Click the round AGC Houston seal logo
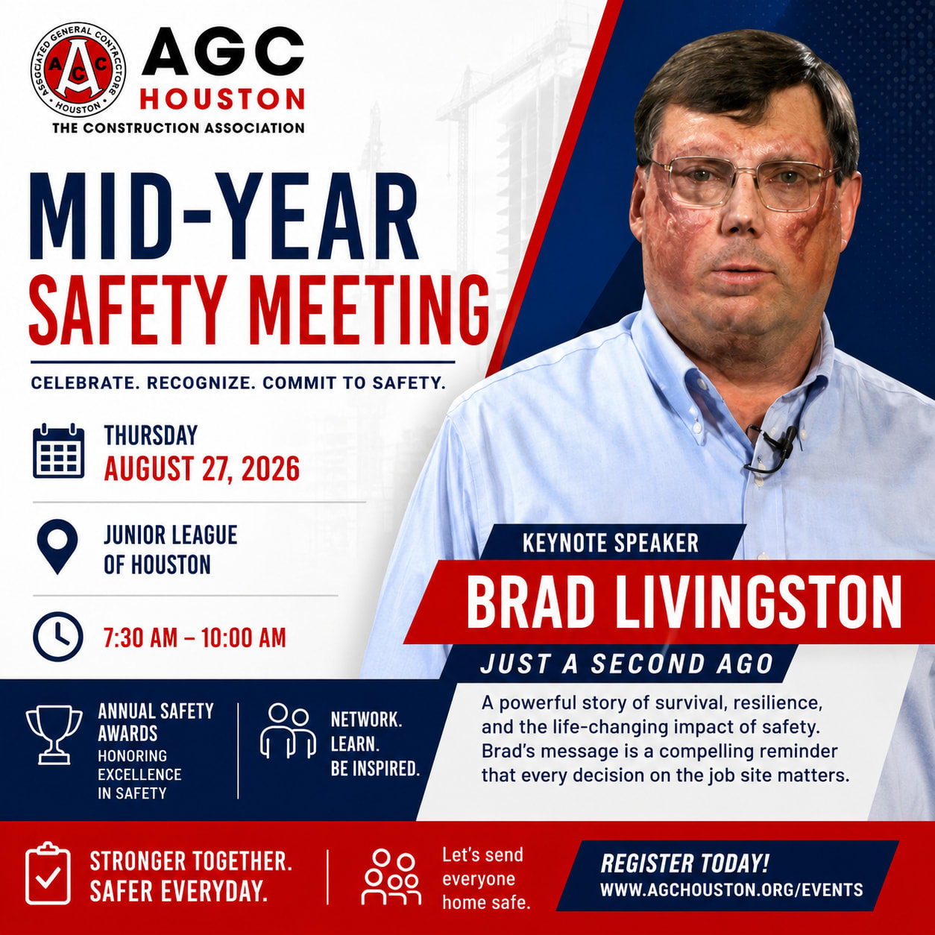[x=78, y=69]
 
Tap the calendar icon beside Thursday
[x=58, y=451]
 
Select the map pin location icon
[x=57, y=547]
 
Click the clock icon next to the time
[x=57, y=637]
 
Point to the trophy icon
[x=54, y=734]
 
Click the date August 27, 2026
[x=202, y=469]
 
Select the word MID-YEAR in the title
[x=224, y=216]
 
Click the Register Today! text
[x=684, y=863]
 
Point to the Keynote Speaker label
[x=611, y=543]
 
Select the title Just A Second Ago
[x=627, y=664]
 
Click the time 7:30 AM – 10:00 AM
[x=195, y=637]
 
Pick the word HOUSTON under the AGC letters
[x=222, y=99]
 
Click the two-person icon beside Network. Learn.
[x=288, y=731]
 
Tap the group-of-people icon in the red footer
[x=391, y=878]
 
